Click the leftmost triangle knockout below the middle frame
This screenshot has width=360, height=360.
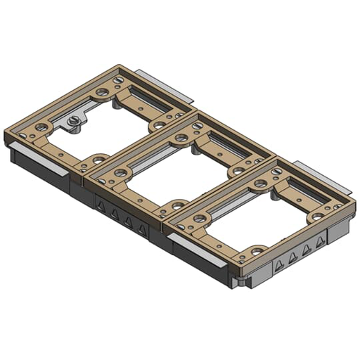pyautogui.click(x=101, y=206)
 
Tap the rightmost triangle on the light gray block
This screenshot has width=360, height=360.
pyautogui.click(x=321, y=242)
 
